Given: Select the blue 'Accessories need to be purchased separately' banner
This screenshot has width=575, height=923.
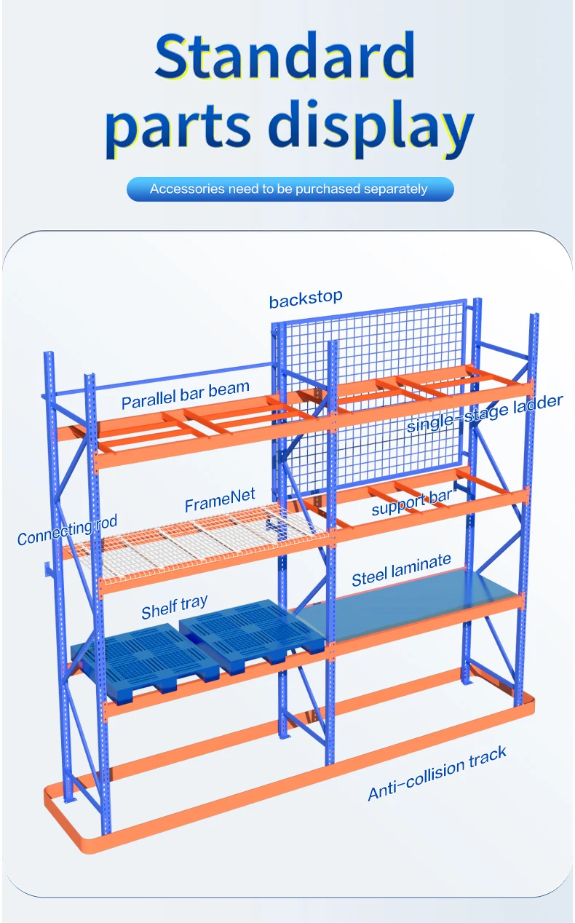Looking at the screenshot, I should pyautogui.click(x=289, y=189).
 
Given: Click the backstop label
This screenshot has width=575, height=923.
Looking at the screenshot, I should pyautogui.click(x=305, y=298).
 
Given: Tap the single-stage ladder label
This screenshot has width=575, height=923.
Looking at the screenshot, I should pyautogui.click(x=484, y=413).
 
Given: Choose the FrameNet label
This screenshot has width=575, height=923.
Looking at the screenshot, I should pyautogui.click(x=220, y=501).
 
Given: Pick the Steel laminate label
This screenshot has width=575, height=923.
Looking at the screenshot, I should pyautogui.click(x=401, y=570).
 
